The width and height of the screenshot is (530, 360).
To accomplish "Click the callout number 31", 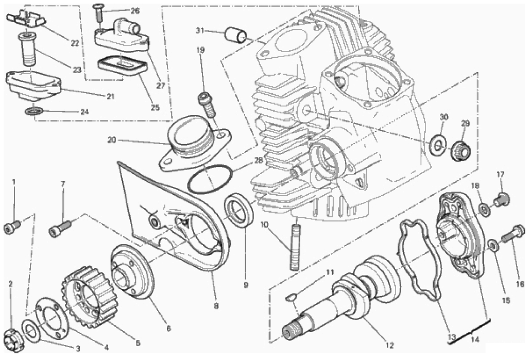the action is pyautogui.click(x=200, y=31).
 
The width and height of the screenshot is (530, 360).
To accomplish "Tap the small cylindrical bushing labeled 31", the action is pyautogui.click(x=236, y=35).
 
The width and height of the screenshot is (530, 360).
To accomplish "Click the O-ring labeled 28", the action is pyautogui.click(x=210, y=180).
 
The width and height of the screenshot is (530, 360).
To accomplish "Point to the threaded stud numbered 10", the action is pyautogui.click(x=295, y=244).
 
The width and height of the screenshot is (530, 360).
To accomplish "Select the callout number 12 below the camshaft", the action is pyautogui.click(x=390, y=346).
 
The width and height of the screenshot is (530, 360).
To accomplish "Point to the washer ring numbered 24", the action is pyautogui.click(x=34, y=111).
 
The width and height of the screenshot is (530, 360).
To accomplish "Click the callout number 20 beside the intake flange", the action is pyautogui.click(x=112, y=139).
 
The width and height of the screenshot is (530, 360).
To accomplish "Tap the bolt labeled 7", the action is pyautogui.click(x=60, y=228).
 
